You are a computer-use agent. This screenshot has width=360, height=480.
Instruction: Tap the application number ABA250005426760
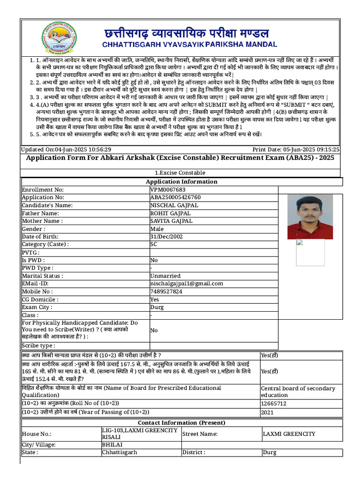tap(175, 198)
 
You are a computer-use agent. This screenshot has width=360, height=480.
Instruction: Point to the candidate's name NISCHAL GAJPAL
tap(174, 205)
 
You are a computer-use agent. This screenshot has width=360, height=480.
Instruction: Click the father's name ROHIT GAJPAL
tap(170, 213)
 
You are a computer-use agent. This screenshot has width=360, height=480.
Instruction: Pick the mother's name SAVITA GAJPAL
tap(171, 221)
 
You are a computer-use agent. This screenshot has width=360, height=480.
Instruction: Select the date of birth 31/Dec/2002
tap(166, 237)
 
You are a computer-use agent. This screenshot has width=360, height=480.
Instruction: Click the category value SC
tap(154, 244)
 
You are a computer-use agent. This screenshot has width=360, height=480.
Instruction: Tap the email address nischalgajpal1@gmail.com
tap(187, 284)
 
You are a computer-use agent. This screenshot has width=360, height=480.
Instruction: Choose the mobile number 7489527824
tap(166, 292)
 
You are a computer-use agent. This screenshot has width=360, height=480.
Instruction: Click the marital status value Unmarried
tap(165, 276)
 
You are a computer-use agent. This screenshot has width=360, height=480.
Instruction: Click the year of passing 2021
tap(268, 412)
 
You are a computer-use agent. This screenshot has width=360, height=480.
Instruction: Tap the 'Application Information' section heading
tap(181, 182)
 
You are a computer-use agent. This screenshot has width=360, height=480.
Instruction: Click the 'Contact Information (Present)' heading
tap(181, 423)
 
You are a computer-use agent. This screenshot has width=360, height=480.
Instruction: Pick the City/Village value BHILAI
tap(112, 444)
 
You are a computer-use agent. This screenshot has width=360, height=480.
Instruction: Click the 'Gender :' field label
tap(34, 229)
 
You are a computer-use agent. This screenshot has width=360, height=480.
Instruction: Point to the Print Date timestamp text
tap(296, 149)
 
